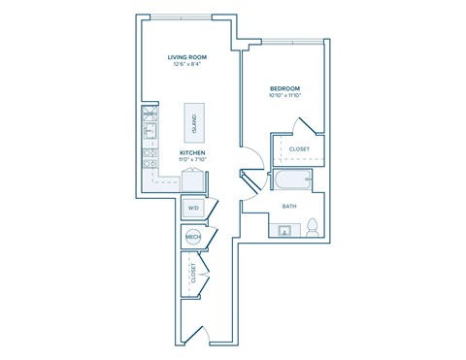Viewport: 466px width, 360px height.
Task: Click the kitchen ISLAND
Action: point(194,121)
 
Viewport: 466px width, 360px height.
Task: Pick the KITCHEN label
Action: point(190,153)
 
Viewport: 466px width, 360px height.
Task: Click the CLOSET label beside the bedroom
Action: point(299,148)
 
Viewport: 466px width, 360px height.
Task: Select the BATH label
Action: point(289,206)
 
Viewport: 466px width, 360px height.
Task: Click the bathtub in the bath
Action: point(291,180)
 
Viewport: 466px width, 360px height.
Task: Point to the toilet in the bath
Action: point(313,229)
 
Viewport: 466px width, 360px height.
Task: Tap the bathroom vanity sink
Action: point(285,231)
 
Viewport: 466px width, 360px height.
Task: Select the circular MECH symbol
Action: point(191,237)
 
